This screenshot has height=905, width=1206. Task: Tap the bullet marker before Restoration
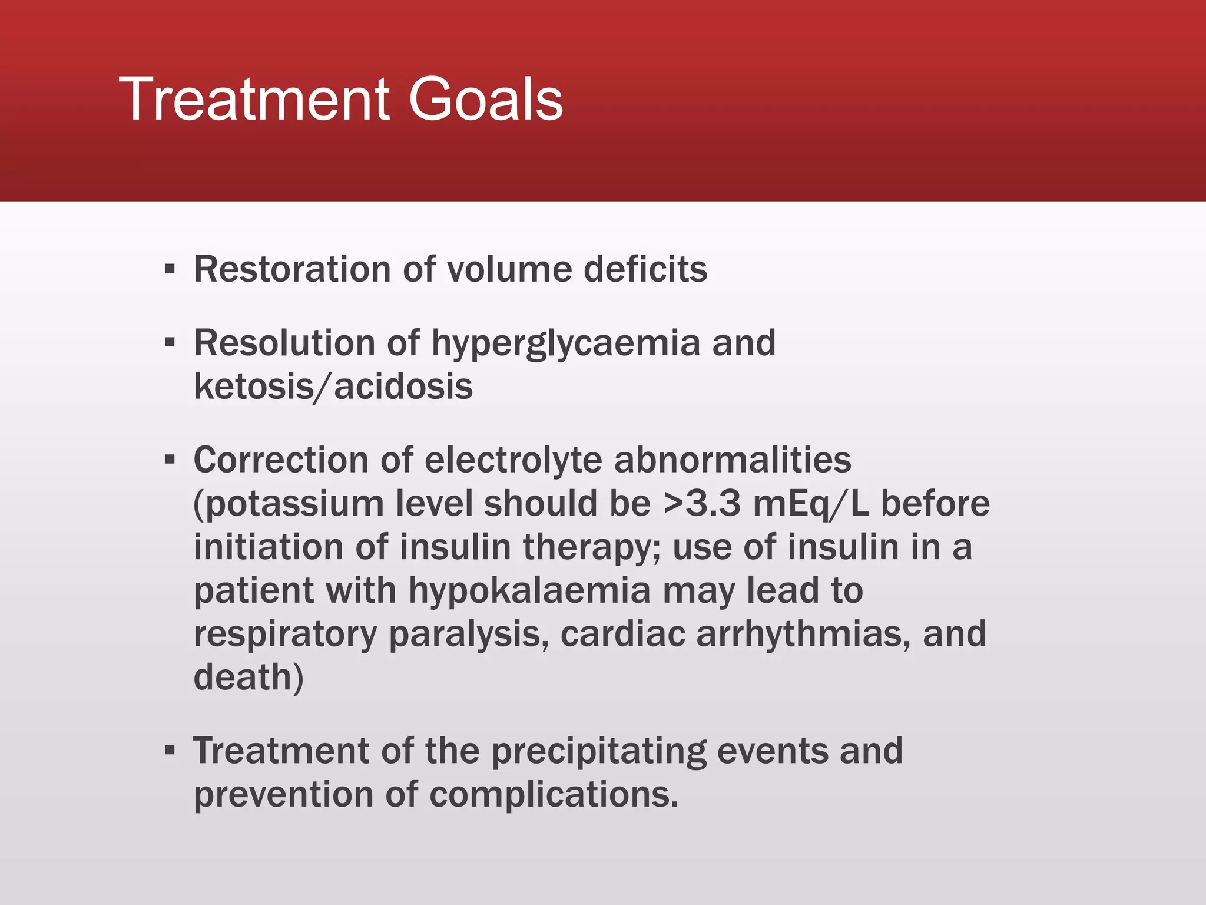[170, 270]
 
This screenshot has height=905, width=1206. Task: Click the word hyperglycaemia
[565, 344]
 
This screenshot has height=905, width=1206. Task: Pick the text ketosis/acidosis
[333, 387]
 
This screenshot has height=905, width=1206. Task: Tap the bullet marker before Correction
[170, 460]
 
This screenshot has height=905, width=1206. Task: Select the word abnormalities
[733, 460]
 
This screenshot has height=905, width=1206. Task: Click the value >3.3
[701, 504]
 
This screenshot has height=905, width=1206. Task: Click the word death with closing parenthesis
[249, 678]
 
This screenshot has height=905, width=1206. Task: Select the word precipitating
[598, 752]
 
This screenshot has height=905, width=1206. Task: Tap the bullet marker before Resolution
[170, 342]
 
